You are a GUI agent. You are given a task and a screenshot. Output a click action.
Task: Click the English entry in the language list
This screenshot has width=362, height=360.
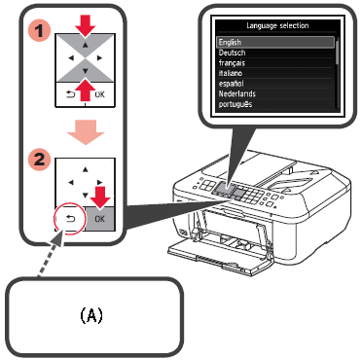coord(230,42)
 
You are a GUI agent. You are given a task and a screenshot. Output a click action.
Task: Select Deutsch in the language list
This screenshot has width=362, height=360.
coord(232,53)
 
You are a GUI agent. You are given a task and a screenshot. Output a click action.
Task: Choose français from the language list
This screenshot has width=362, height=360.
coord(232,63)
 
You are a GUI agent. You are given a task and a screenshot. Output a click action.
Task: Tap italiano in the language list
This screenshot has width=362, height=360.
coord(231,73)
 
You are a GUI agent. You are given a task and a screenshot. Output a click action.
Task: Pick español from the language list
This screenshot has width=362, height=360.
coord(231,84)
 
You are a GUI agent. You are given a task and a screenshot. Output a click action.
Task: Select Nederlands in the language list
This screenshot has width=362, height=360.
coord(237,94)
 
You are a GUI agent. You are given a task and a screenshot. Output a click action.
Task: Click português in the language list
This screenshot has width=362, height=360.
coord(235,104)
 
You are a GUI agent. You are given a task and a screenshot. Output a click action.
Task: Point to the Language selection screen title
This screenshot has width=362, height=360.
coord(277,25)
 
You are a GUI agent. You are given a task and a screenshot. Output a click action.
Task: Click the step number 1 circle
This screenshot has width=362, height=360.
coord(40,31)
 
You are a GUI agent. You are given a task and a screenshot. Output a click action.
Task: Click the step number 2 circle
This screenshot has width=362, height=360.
coord(40,160)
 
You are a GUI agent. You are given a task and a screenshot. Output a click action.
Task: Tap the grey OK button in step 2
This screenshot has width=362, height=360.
coord(100,219)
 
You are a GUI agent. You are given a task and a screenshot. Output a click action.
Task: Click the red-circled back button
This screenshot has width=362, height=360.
coord(70,219)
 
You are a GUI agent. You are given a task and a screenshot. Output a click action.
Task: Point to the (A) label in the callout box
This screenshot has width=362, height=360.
coord(91,315)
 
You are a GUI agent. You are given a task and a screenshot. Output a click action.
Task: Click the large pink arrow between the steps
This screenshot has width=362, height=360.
coord(86,132)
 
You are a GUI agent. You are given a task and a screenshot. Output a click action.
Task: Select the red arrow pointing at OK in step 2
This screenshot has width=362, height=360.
coord(100,197)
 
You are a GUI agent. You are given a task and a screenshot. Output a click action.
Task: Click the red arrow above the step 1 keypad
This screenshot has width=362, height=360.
coord(85,25)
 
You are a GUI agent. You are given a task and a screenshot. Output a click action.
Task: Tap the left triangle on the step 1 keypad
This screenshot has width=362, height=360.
coord(71,58)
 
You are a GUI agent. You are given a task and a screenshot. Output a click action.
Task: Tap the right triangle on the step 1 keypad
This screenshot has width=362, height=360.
coord(99,58)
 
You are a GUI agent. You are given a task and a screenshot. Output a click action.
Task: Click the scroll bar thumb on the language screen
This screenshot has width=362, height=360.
coord(338,52)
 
